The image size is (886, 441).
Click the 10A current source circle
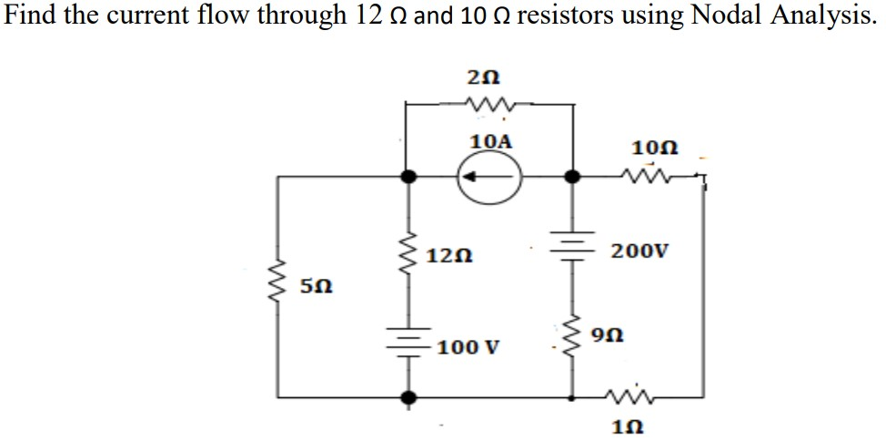tap(490, 178)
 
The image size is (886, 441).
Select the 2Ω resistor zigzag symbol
tap(489, 107)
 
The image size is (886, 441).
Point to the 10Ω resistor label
tap(649, 147)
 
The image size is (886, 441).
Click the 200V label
tap(639, 250)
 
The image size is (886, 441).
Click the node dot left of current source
tap(408, 178)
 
